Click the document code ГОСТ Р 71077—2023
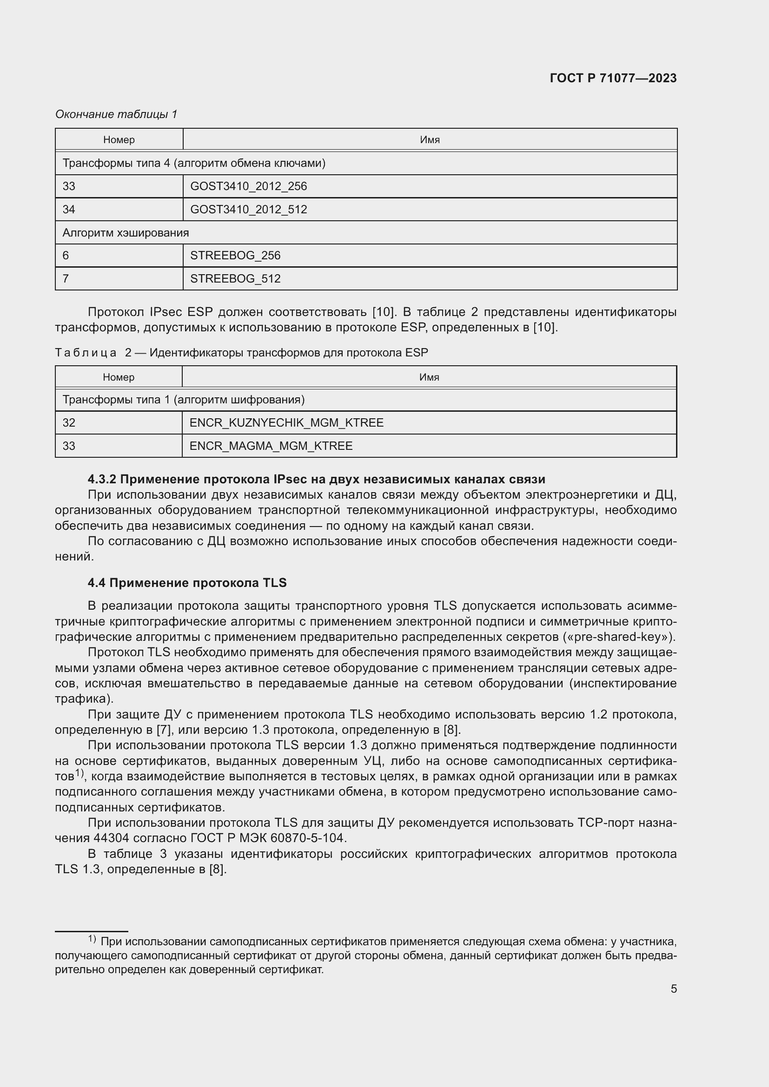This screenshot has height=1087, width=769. click(613, 78)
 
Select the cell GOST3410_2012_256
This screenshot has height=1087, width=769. click(248, 186)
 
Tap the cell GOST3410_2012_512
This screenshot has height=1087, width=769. click(248, 209)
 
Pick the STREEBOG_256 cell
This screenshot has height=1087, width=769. click(235, 256)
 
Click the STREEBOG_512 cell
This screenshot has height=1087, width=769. click(235, 278)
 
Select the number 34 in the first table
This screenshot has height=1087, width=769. click(69, 209)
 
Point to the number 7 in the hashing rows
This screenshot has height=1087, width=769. click(66, 278)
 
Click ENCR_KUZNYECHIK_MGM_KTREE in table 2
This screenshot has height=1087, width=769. click(286, 423)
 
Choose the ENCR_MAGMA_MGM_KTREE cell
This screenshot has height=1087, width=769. click(271, 446)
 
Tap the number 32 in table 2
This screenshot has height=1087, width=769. click(69, 423)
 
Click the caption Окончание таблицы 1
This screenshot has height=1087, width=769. click(116, 114)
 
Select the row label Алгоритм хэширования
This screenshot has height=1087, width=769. click(126, 232)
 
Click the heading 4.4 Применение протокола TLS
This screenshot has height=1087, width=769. click(187, 583)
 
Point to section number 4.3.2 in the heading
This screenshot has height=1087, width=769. click(102, 479)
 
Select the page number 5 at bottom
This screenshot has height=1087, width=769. click(673, 988)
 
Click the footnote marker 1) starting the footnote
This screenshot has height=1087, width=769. click(93, 938)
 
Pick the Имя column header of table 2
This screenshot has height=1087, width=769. click(429, 377)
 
